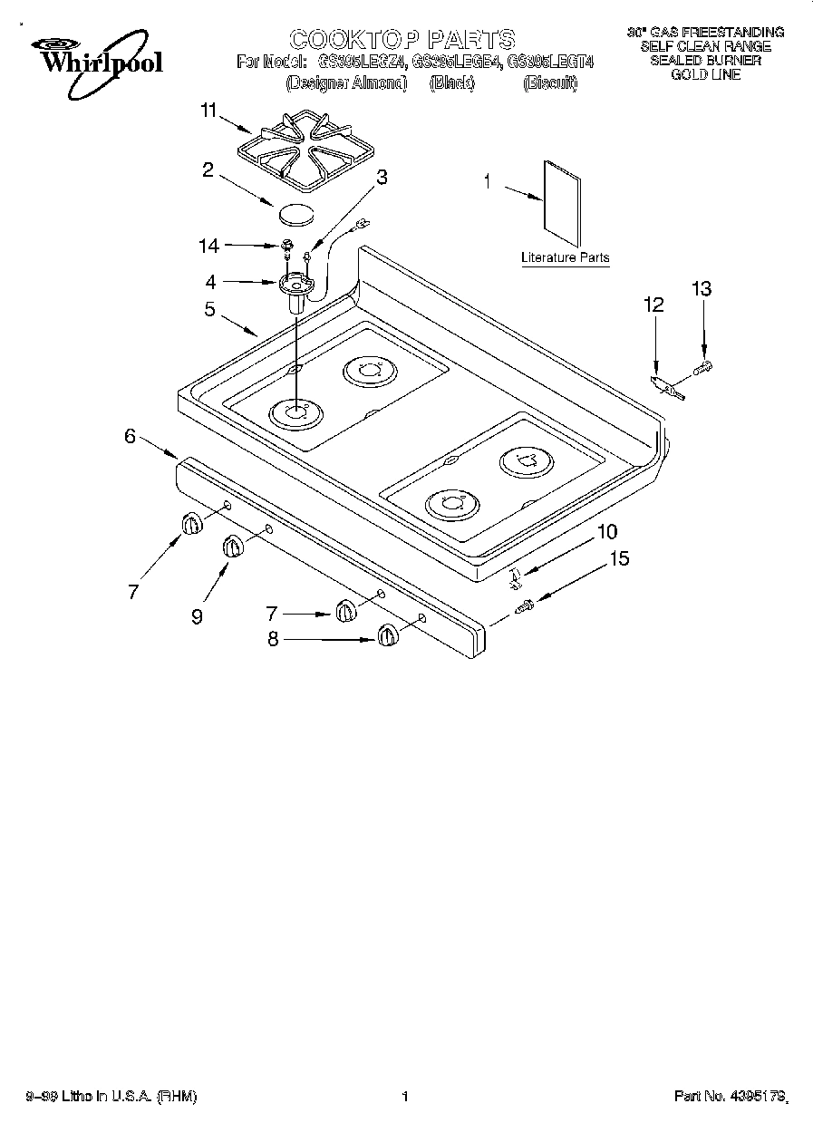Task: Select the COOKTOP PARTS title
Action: tap(402, 39)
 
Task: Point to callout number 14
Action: tap(209, 245)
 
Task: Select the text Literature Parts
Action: tap(565, 258)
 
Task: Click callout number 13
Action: tap(701, 289)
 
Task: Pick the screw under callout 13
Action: tap(702, 367)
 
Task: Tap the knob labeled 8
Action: tap(387, 636)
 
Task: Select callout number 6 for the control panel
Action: tap(131, 436)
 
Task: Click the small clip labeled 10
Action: tap(515, 575)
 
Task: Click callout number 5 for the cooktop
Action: tap(209, 309)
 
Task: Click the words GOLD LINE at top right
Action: tap(705, 74)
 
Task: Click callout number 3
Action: tap(382, 178)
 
